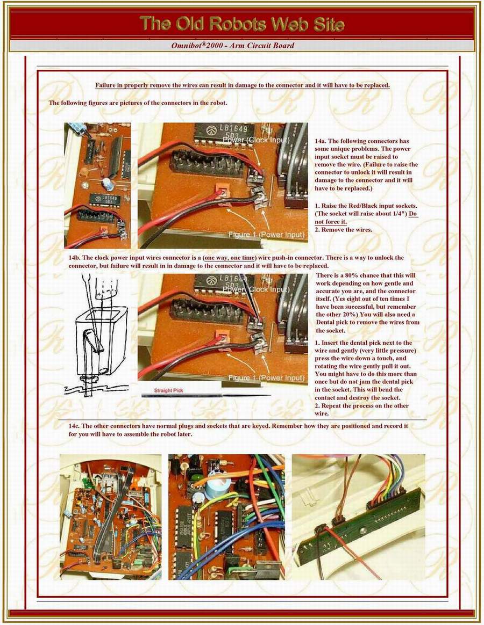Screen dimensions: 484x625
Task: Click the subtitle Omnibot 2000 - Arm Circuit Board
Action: [x=233, y=46]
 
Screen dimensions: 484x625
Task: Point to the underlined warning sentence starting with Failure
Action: [x=243, y=85]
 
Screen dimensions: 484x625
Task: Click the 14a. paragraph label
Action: [x=321, y=141]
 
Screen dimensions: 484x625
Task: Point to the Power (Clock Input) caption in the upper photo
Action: [x=255, y=140]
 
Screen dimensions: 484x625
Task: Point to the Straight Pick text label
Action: [x=168, y=390]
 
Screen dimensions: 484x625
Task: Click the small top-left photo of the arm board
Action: [x=97, y=185]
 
